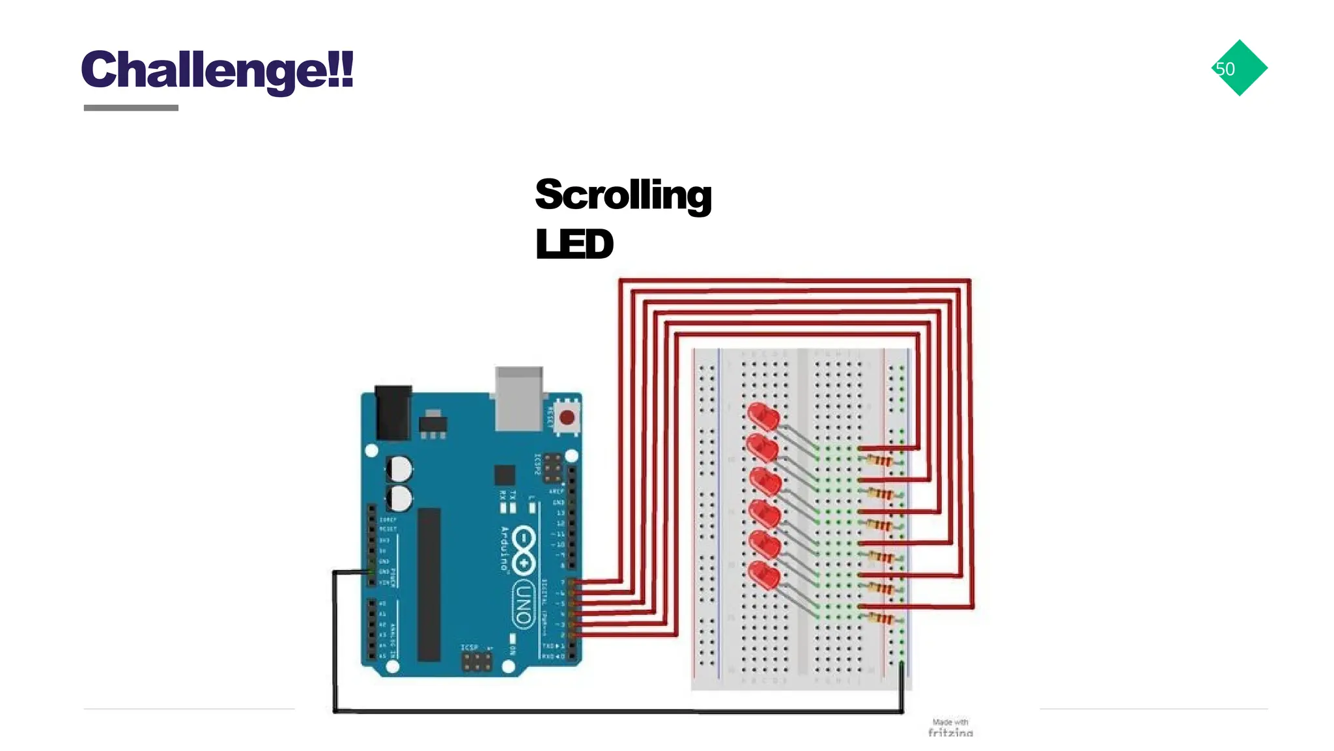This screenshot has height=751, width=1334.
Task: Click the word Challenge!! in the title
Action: point(217,70)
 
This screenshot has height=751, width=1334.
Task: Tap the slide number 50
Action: point(1225,68)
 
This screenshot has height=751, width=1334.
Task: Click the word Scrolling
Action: point(623,195)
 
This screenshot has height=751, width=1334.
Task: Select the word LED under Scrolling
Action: point(574,244)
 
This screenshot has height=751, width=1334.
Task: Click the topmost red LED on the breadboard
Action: point(763,416)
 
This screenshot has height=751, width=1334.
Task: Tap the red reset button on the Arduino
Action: point(567,417)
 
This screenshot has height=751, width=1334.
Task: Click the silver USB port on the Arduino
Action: point(518,398)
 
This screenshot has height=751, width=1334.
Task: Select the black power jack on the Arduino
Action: point(393,412)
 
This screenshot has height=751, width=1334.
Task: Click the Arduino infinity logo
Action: point(524,551)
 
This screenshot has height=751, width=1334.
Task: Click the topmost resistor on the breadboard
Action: point(880,461)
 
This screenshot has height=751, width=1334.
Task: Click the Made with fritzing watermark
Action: point(950,728)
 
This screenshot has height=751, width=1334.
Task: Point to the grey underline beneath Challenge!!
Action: point(131,108)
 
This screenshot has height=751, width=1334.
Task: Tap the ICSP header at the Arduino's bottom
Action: point(477,662)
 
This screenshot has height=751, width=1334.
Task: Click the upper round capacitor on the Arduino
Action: point(399,468)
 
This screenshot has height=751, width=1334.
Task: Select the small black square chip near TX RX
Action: point(504,475)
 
